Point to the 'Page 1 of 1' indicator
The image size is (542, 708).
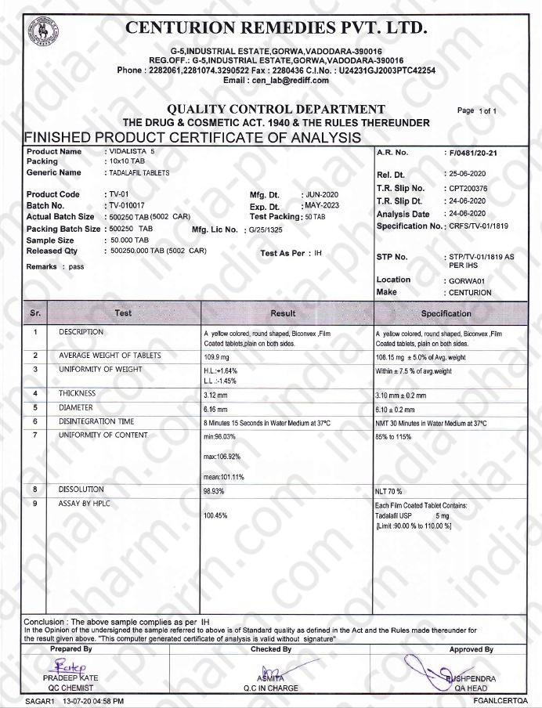click(477, 111)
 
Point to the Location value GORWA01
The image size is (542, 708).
click(468, 280)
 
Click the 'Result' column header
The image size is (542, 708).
click(283, 313)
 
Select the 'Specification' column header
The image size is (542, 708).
click(446, 313)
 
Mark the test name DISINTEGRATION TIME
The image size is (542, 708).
click(96, 421)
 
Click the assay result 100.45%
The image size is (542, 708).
click(215, 516)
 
